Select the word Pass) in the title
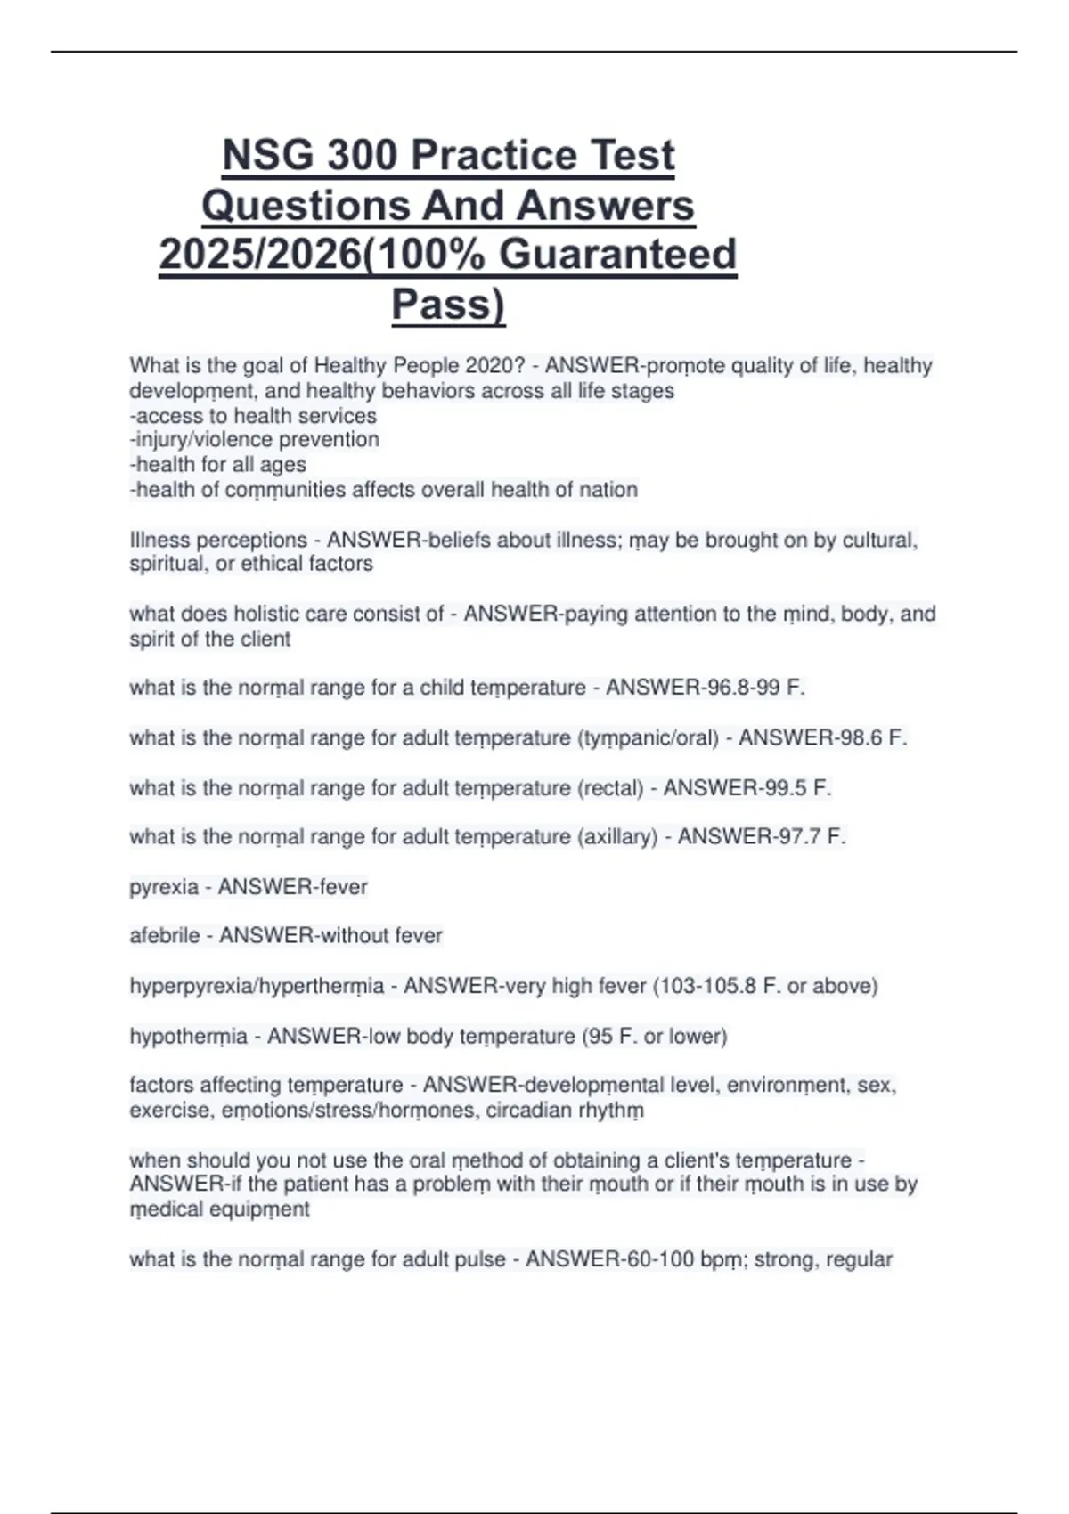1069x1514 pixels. click(x=448, y=305)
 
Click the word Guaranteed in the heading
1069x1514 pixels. click(x=617, y=255)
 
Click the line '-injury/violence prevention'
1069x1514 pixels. click(x=255, y=440)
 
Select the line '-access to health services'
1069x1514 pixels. click(x=253, y=416)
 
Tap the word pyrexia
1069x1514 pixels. click(x=164, y=887)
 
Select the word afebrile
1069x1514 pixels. click(x=165, y=936)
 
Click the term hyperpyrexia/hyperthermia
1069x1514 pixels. click(x=257, y=987)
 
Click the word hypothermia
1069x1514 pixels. click(x=188, y=1037)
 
